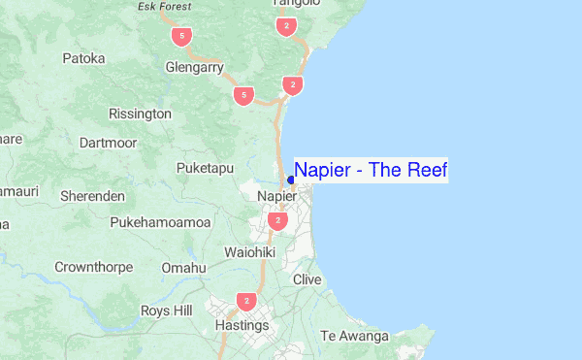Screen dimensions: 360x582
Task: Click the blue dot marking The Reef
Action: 291,180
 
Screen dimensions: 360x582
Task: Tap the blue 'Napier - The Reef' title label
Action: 371,171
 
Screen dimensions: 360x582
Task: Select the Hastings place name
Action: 242,325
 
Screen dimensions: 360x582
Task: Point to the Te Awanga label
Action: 354,337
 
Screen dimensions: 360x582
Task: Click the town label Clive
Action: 307,279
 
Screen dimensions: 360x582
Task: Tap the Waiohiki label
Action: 250,252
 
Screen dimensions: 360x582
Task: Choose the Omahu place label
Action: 184,267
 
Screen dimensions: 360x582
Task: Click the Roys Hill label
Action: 167,311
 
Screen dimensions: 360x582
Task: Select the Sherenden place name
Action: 92,196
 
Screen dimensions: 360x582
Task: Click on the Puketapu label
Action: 206,168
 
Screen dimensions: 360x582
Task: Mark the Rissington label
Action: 141,114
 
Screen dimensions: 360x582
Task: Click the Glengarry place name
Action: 195,68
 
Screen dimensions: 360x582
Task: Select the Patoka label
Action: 83,58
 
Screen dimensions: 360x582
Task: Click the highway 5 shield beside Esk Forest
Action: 180,37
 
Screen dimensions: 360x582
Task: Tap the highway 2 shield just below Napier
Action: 279,221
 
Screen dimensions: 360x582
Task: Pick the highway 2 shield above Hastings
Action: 247,302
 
